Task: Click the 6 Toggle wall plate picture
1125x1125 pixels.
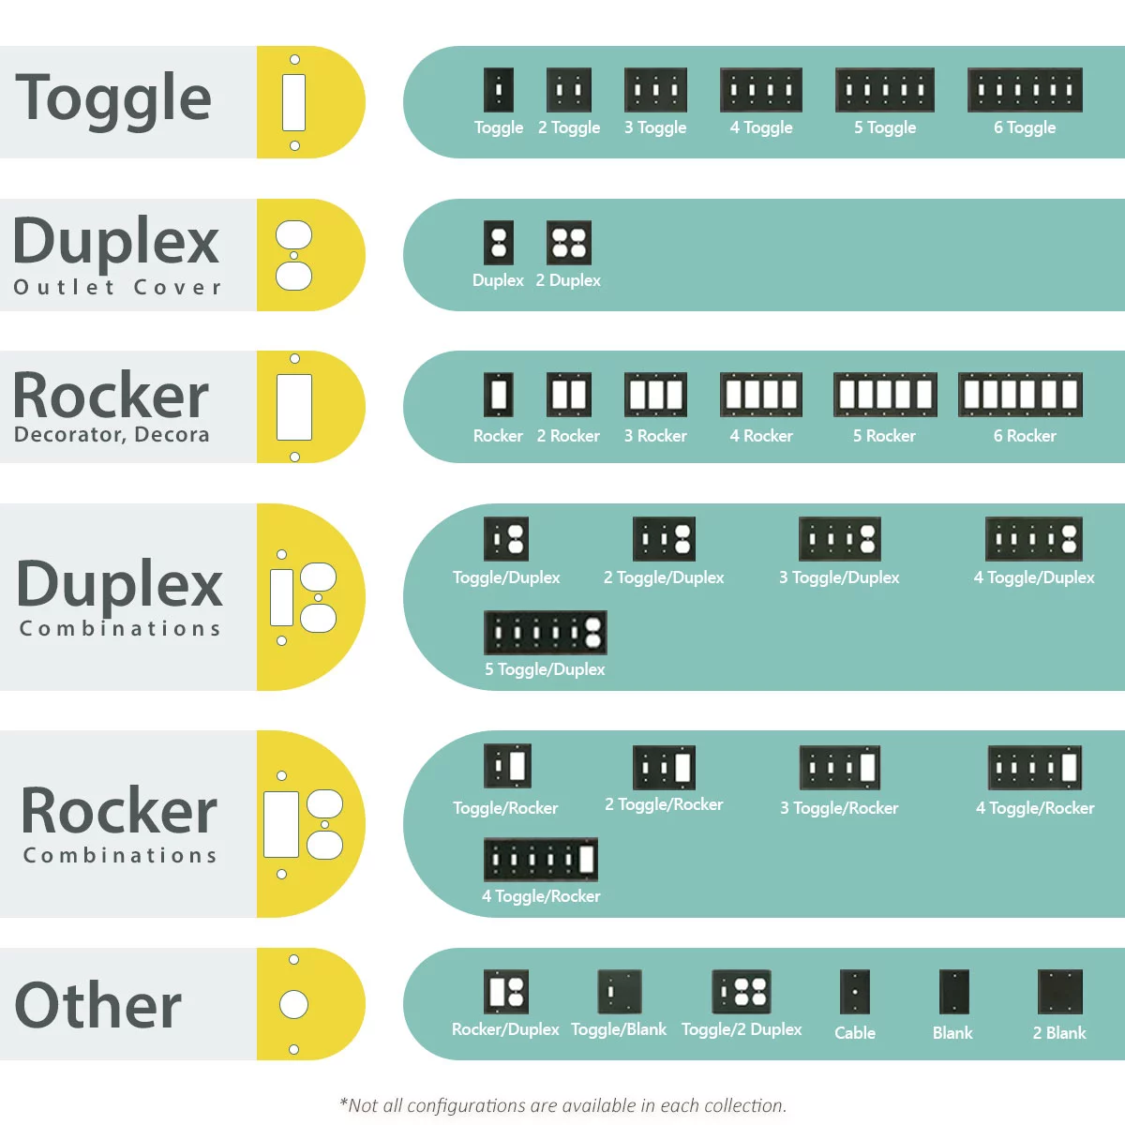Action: click(1025, 90)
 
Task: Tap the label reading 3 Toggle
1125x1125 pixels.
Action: click(655, 127)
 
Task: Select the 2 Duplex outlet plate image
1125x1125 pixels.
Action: click(569, 243)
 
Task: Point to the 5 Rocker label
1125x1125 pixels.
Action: click(884, 436)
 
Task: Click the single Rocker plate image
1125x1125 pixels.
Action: click(498, 395)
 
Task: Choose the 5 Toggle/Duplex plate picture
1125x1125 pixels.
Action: click(545, 633)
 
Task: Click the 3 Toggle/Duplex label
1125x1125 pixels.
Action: click(839, 577)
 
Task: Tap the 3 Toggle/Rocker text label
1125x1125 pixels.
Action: click(839, 808)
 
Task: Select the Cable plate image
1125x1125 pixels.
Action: click(855, 992)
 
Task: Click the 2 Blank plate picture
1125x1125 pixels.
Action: click(1059, 992)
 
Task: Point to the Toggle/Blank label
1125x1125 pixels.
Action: click(619, 1029)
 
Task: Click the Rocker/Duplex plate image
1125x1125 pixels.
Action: click(506, 992)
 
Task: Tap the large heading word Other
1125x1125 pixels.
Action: click(98, 1005)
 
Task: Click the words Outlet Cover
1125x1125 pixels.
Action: click(117, 287)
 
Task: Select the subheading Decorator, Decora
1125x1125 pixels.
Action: click(112, 435)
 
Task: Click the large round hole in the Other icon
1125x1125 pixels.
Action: click(293, 1005)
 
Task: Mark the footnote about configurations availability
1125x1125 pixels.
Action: click(562, 1105)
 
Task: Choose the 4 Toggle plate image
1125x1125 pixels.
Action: click(761, 90)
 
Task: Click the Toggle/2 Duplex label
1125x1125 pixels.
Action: click(742, 1029)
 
